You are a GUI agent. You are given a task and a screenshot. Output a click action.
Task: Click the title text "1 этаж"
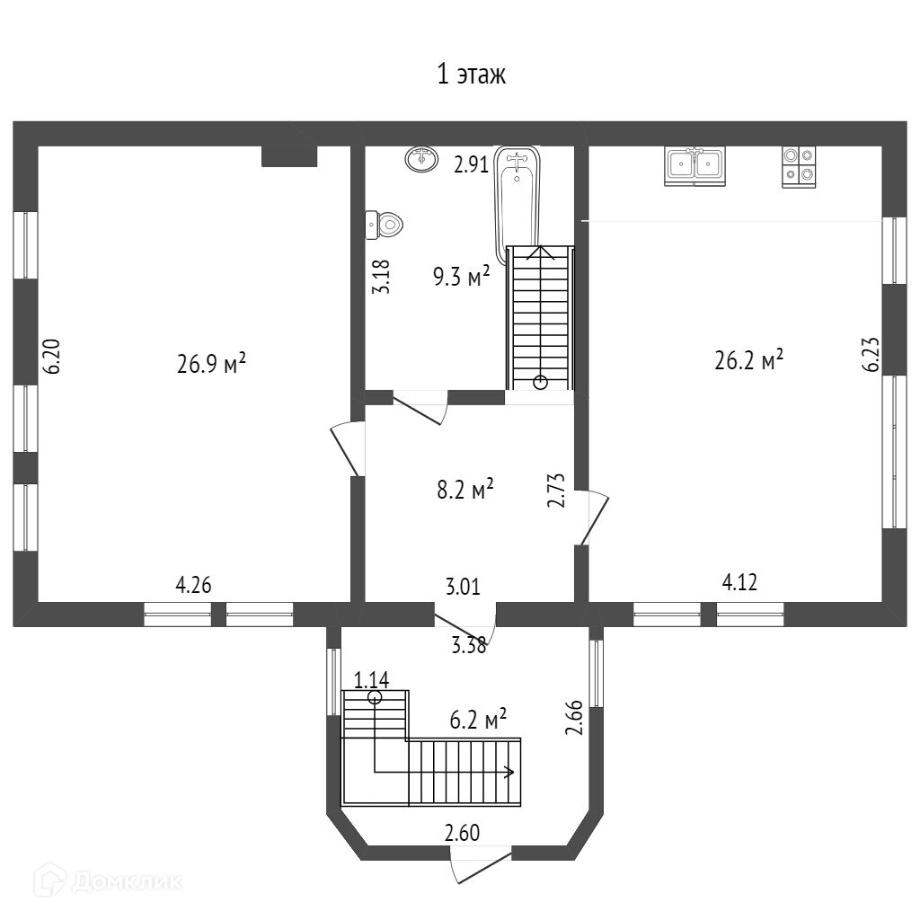pos(472,75)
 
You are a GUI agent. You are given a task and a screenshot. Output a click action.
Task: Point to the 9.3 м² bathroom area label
pos(461,276)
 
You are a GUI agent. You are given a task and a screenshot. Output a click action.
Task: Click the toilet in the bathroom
pos(384,224)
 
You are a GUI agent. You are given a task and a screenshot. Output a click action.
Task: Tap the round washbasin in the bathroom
pos(420,159)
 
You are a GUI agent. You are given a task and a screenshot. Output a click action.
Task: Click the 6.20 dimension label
pos(52,357)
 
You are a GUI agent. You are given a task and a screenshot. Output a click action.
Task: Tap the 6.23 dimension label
pos(870,354)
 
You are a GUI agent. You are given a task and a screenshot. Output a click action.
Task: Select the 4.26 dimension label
pos(193,586)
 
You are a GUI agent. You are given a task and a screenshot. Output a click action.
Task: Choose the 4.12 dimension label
pos(740,583)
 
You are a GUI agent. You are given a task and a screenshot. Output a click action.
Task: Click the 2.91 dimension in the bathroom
pos(471,164)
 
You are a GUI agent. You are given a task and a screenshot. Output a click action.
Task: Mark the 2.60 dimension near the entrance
pos(463,833)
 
